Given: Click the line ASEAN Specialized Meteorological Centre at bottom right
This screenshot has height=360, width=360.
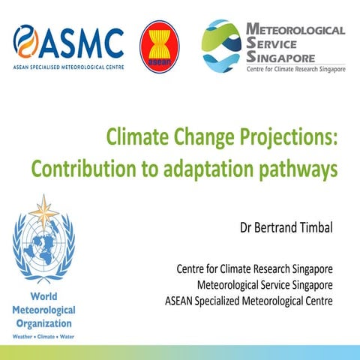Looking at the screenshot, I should [249, 301].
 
